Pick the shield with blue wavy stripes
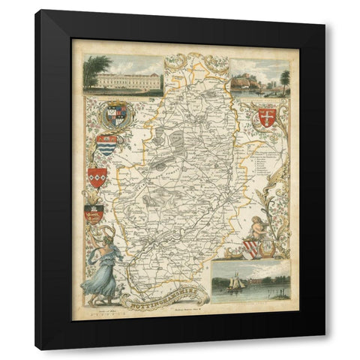[106, 144]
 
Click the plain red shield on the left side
[97, 177]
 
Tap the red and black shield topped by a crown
[94, 214]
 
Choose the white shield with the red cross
[266, 115]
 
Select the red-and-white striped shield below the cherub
[252, 248]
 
